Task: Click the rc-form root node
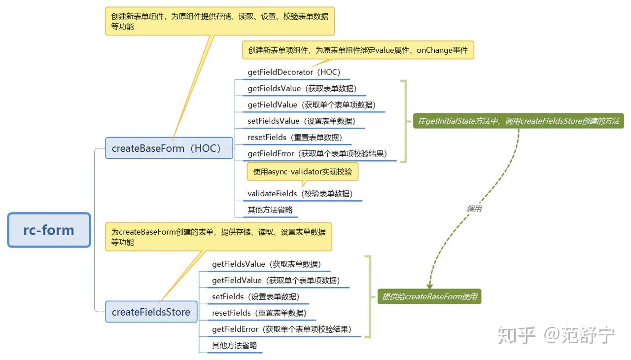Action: (49, 230)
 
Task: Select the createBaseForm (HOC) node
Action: (169, 148)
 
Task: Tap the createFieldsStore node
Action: (151, 312)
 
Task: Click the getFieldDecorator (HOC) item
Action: (294, 72)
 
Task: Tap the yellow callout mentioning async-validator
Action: (303, 172)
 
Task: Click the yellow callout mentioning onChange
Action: (357, 50)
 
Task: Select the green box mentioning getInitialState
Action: (518, 121)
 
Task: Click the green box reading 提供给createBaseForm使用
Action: (429, 296)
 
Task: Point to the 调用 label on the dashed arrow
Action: (474, 209)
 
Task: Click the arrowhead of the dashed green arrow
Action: (429, 286)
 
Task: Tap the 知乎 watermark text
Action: (516, 335)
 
